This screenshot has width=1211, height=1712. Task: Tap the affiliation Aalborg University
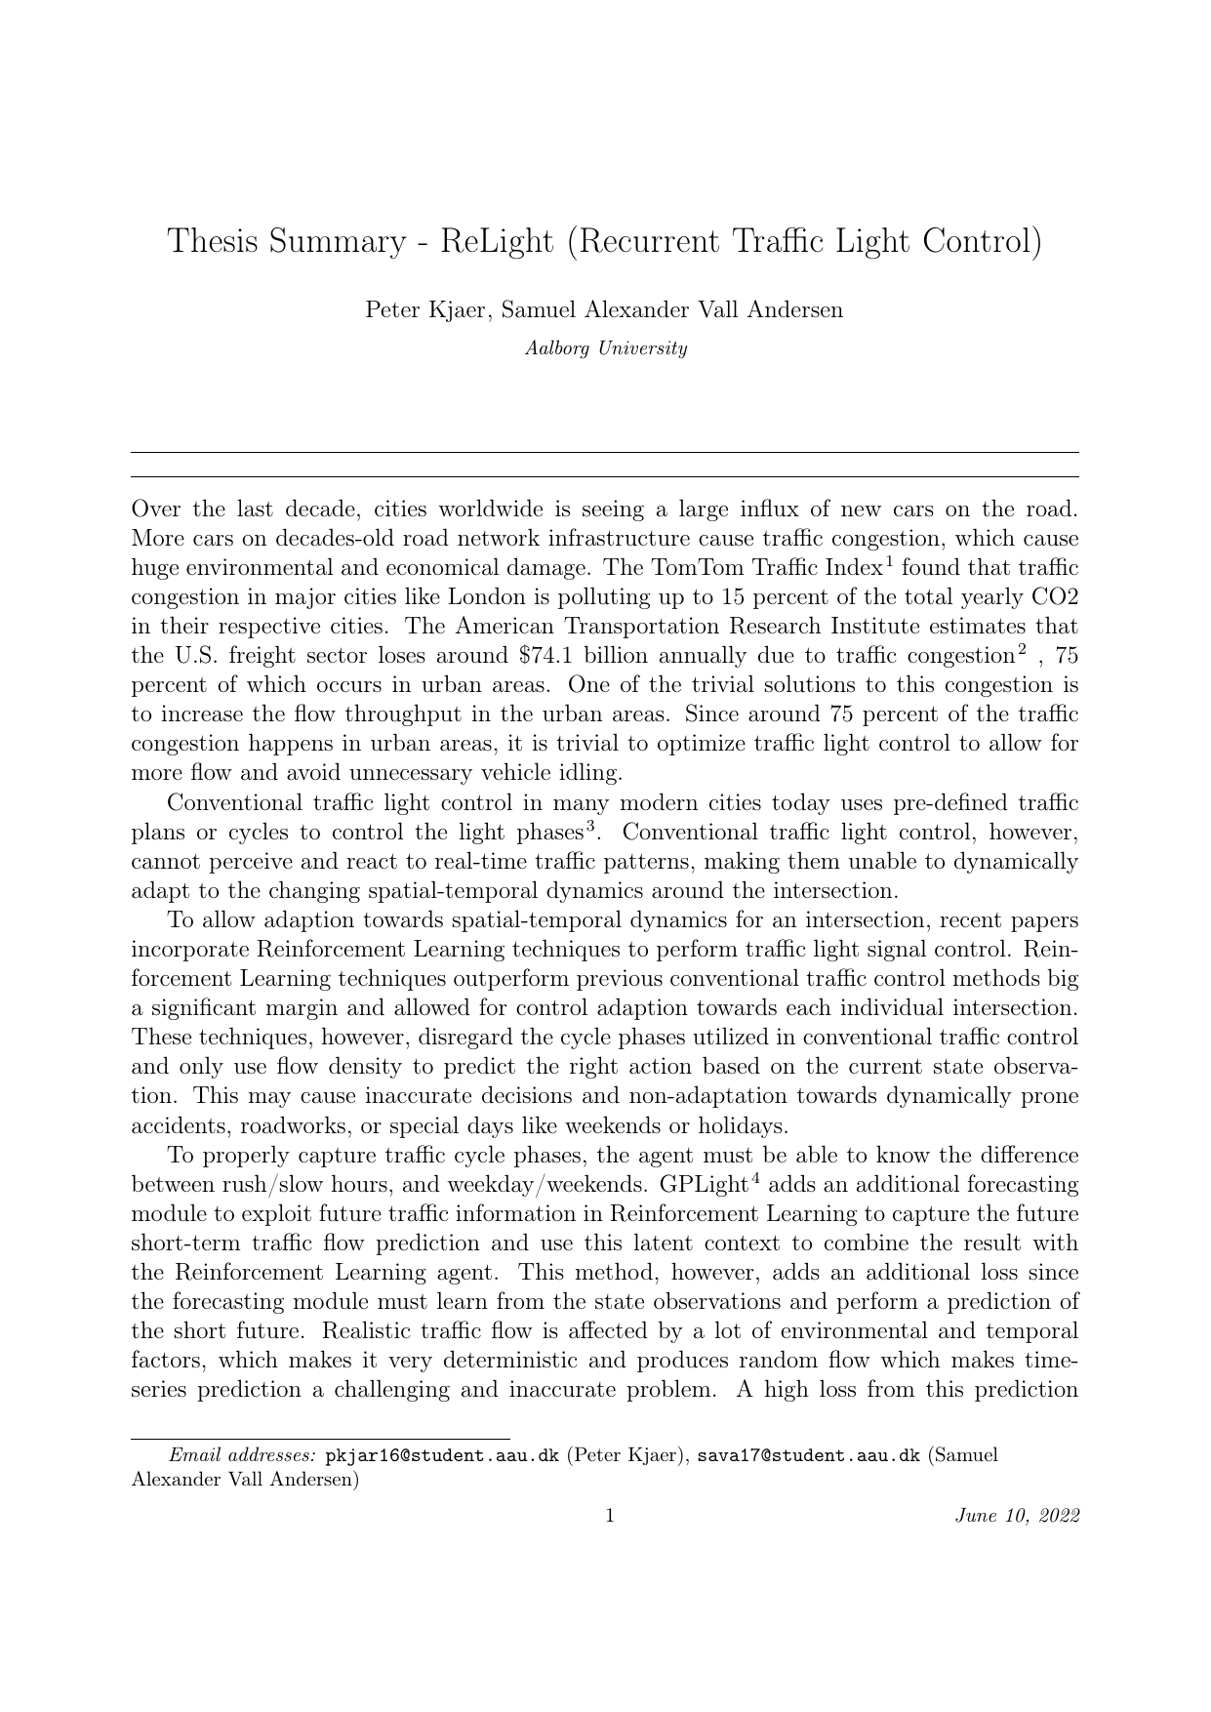tap(605, 348)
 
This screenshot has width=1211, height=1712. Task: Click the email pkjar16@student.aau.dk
tap(441, 1455)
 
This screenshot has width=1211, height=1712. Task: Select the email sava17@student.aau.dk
tap(808, 1455)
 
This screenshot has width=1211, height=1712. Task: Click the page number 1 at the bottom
tap(610, 1516)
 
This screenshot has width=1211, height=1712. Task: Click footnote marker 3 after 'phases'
tap(590, 829)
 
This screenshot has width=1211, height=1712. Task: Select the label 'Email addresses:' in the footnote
tap(243, 1455)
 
